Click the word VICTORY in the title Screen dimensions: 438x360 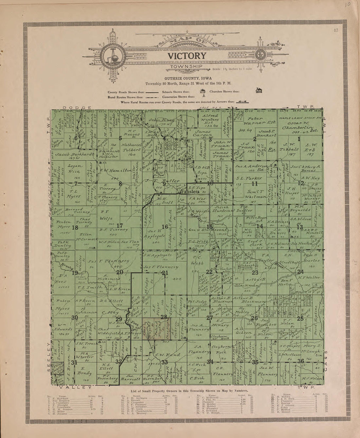187,56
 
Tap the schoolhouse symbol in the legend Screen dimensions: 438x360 202,92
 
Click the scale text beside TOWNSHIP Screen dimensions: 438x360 232,69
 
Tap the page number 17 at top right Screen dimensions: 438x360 336,31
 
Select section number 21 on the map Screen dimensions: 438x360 165,273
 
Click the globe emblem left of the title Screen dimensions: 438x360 112,56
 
